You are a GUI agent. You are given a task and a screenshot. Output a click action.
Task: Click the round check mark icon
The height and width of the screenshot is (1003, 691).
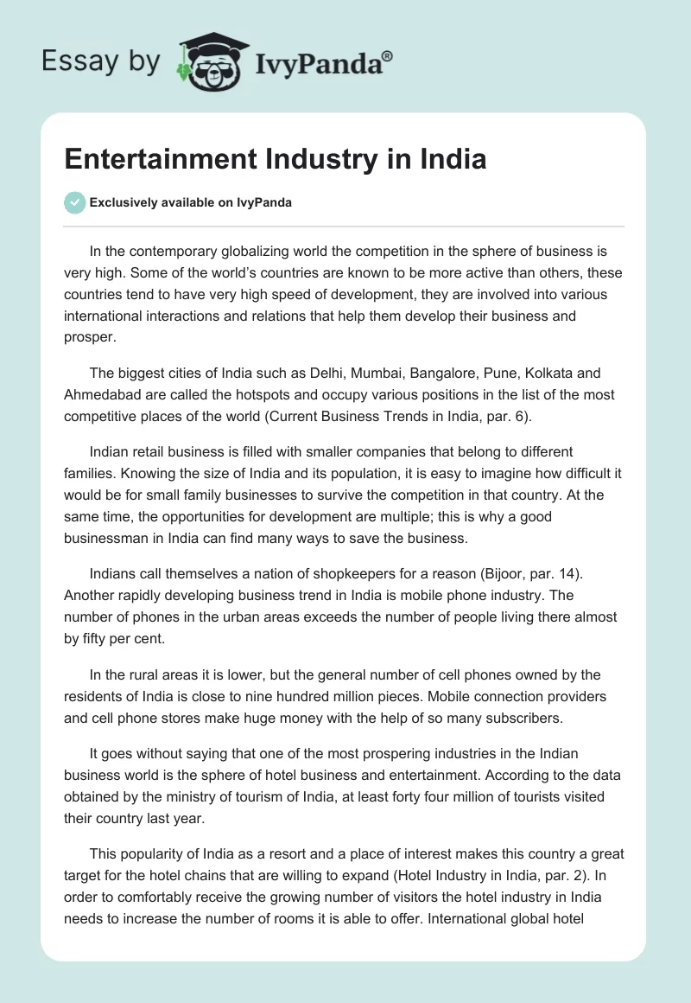click(74, 203)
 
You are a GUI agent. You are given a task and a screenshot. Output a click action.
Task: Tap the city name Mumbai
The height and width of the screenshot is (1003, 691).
click(392, 373)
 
